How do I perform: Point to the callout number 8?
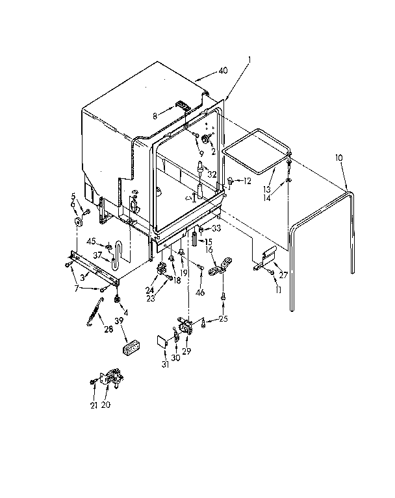click(x=155, y=117)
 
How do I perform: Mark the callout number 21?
click(x=94, y=405)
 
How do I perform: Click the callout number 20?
click(x=105, y=405)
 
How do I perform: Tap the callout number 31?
click(x=165, y=364)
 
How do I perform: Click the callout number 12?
click(x=247, y=181)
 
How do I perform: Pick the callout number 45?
click(x=92, y=242)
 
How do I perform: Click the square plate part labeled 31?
click(x=162, y=342)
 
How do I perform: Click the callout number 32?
click(x=212, y=174)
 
